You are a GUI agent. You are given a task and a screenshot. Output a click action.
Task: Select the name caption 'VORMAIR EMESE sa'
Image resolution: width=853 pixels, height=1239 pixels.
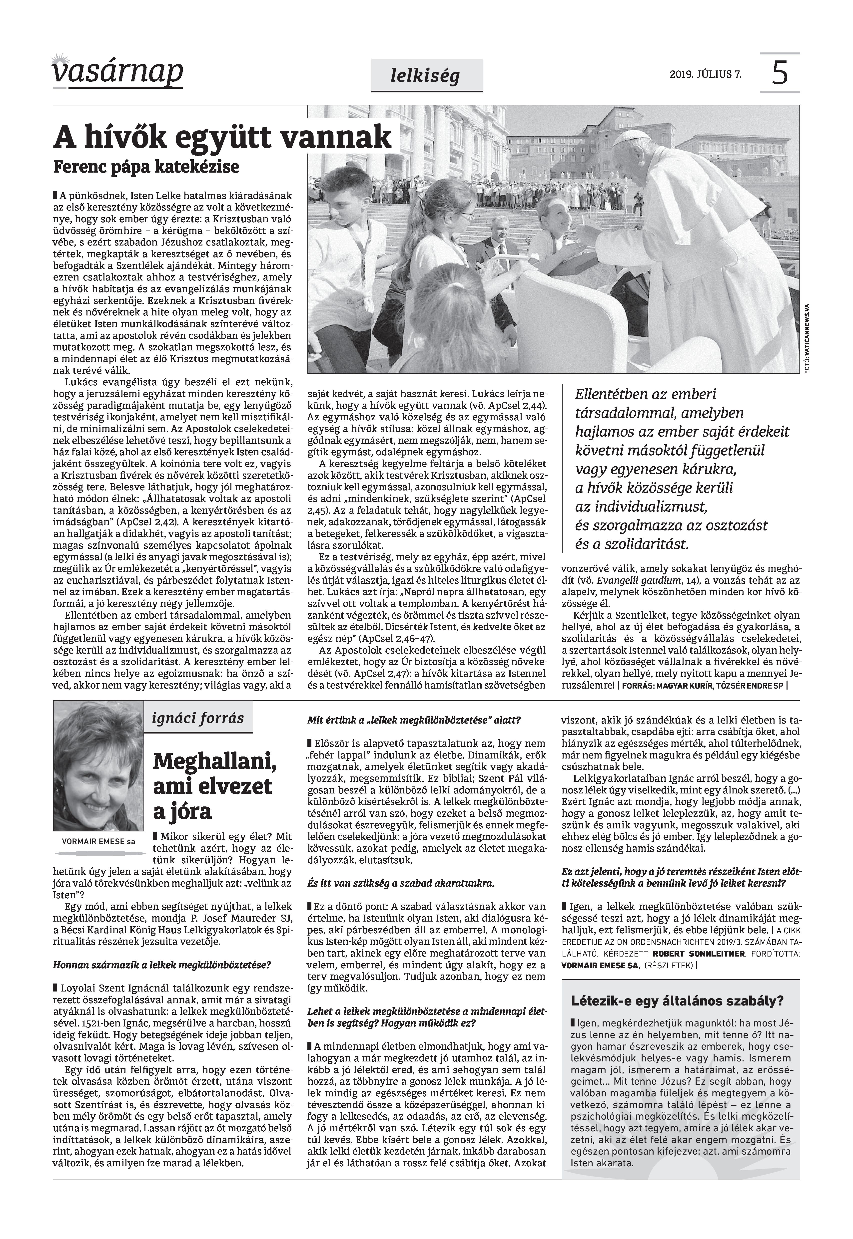point(98,842)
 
